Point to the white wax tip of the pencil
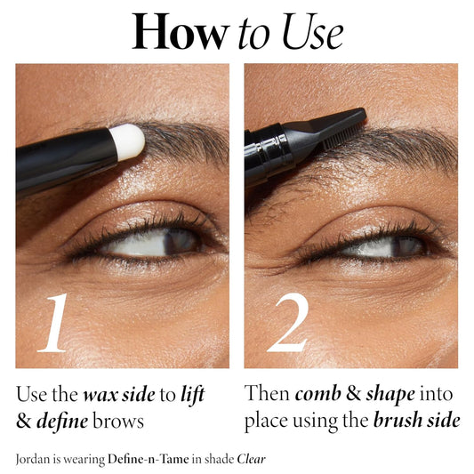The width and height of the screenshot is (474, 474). click(x=127, y=141)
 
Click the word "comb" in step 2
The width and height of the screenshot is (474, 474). click(x=316, y=394)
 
